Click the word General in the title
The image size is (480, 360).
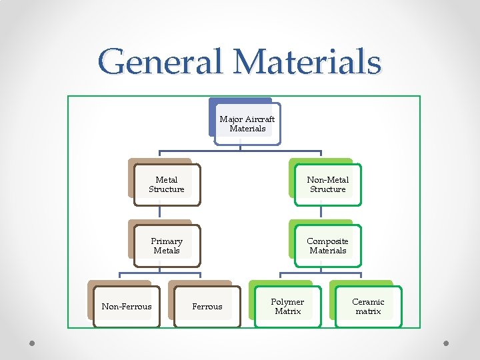(162, 61)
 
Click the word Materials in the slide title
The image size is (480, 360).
(307, 61)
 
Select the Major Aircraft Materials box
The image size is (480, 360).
(247, 124)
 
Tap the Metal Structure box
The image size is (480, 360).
(167, 185)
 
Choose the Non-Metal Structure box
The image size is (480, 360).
(327, 185)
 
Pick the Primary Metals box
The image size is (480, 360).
(167, 246)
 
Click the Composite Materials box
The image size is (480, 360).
(327, 246)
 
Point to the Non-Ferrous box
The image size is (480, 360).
(127, 307)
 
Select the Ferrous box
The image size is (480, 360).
(207, 307)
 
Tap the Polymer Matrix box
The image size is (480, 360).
(287, 307)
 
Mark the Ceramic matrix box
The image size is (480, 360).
(368, 307)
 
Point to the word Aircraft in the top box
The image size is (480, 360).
(259, 119)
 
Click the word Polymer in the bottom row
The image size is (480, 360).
(287, 302)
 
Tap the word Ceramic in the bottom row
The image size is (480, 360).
(368, 302)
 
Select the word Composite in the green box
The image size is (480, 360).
(327, 241)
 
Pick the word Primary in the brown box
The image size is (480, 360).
(167, 241)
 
